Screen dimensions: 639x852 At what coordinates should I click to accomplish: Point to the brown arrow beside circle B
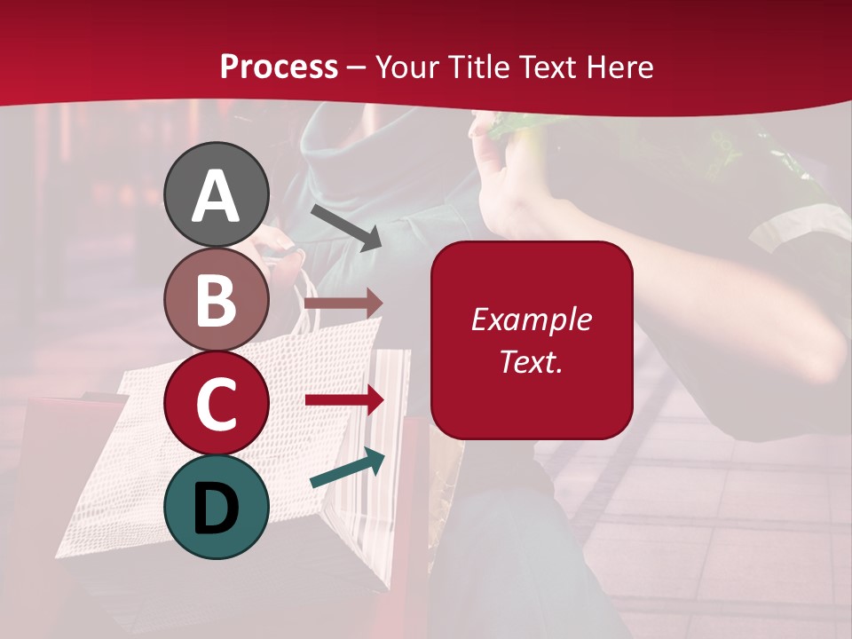(344, 303)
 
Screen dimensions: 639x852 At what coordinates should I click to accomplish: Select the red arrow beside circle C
(344, 400)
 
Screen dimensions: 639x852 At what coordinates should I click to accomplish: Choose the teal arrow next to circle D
(348, 469)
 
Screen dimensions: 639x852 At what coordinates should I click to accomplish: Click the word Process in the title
(279, 67)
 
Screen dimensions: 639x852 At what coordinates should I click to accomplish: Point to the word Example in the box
(531, 319)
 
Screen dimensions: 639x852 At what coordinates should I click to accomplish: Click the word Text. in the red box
(531, 361)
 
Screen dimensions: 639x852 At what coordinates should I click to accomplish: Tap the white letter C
(217, 405)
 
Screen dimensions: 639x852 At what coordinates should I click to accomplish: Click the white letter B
(217, 300)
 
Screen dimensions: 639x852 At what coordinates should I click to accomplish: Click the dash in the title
(357, 67)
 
